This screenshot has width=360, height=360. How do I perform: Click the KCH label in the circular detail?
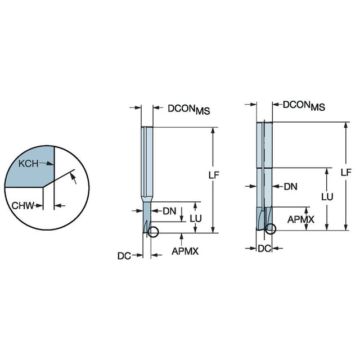pos(28,164)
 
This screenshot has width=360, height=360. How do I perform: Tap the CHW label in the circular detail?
pos(22,206)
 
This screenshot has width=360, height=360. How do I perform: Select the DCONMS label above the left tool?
pos(189,109)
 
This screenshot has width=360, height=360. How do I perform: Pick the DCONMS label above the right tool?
pos(304,106)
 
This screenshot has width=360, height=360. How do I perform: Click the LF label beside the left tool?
pos(214,175)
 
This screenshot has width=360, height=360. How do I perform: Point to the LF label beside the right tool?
pos(346,172)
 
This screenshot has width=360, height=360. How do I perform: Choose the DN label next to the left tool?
pos(169,211)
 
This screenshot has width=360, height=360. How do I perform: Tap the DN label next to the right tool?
pos(290,187)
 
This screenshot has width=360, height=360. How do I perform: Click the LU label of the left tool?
pos(196,219)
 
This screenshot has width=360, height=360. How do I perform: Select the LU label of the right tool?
pos(327,197)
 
